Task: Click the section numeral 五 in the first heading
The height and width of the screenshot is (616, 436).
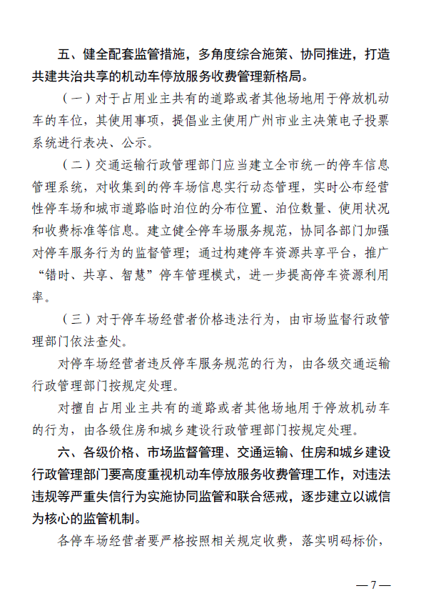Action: (64, 54)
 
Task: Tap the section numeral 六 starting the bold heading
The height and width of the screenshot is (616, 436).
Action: (64, 453)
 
